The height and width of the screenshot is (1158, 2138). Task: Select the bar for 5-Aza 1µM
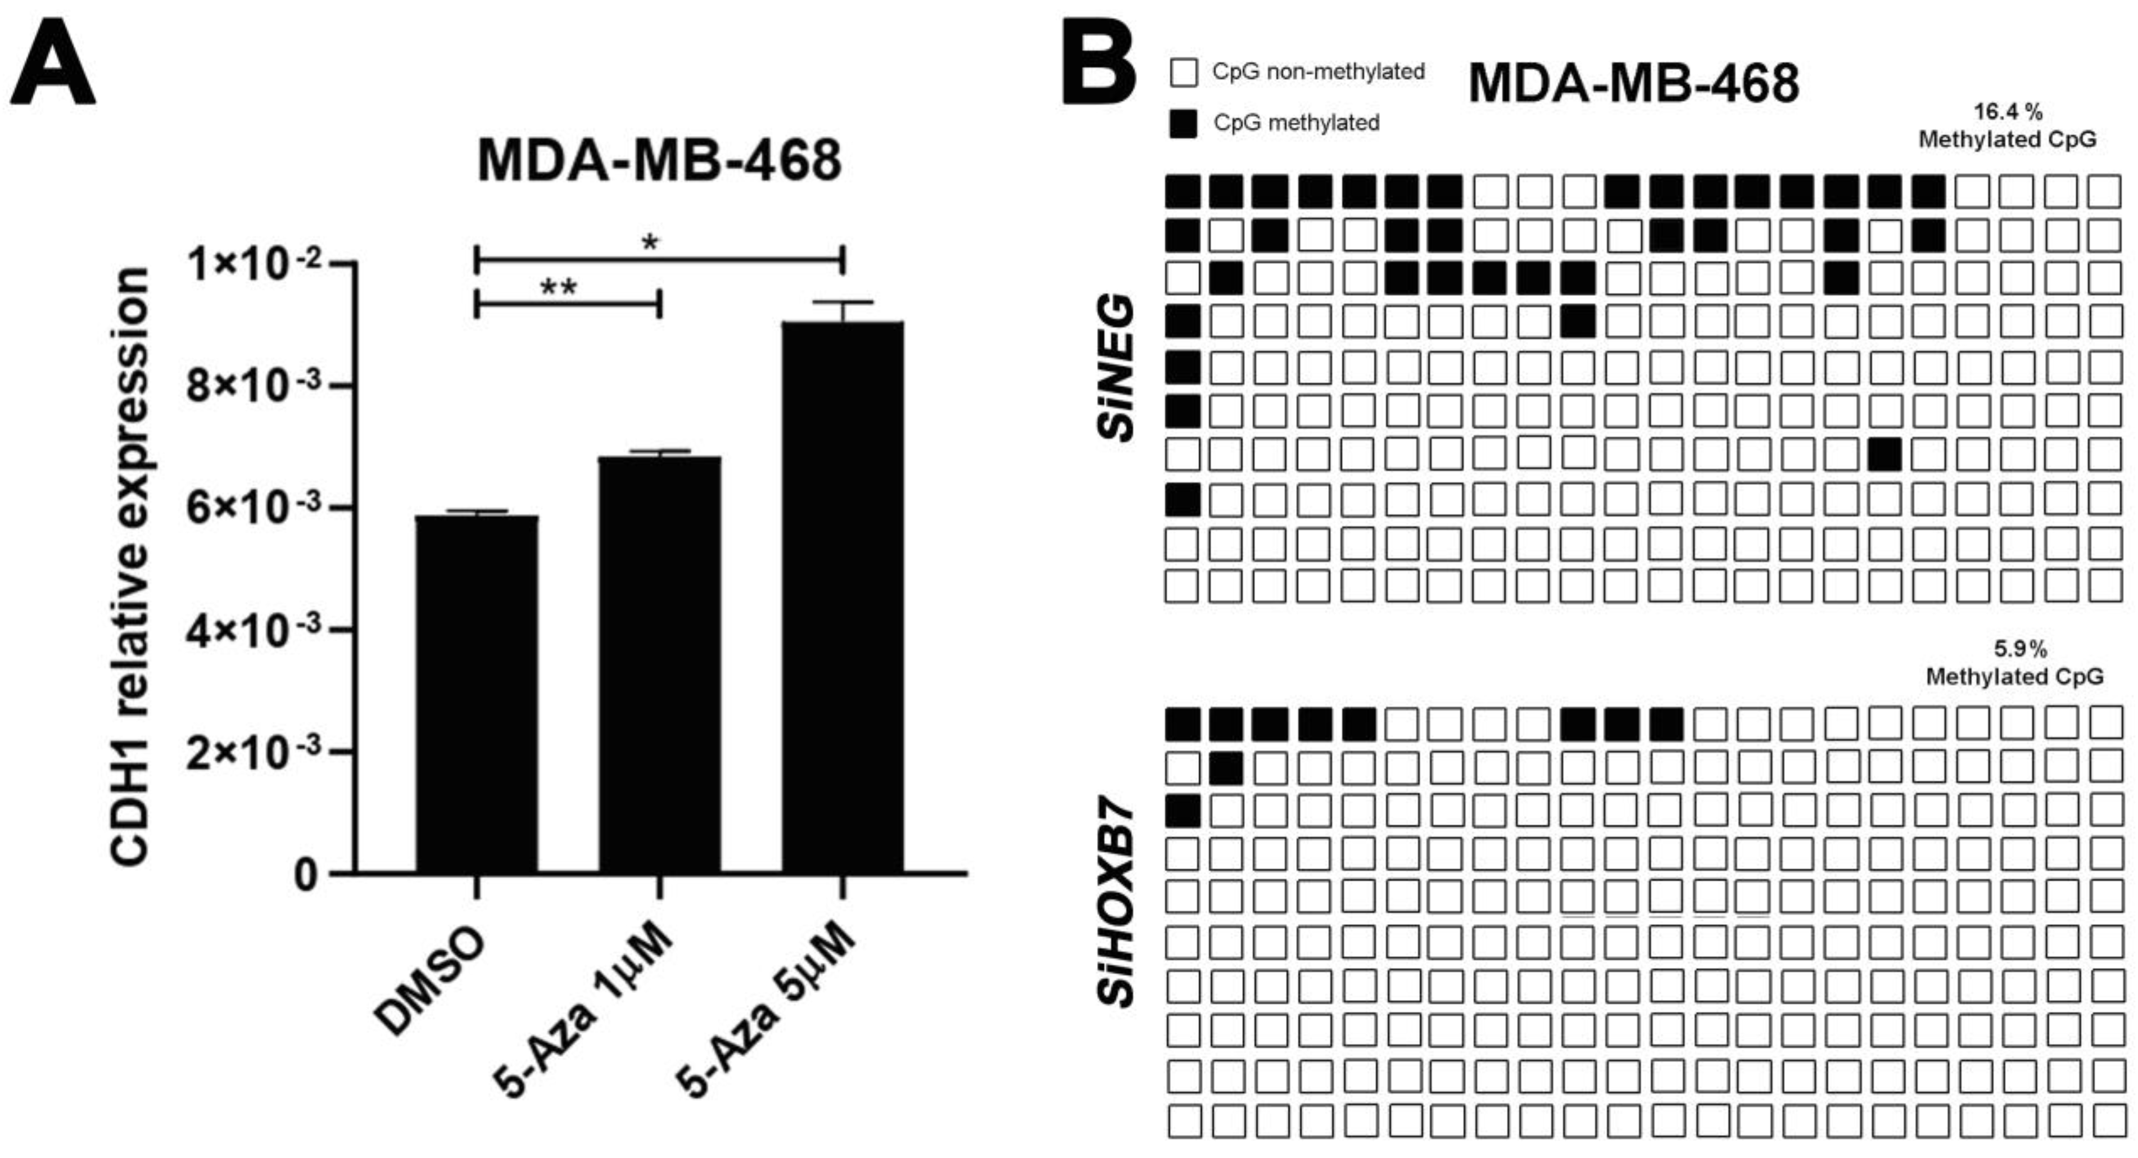(660, 664)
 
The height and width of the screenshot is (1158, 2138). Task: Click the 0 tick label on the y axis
(306, 875)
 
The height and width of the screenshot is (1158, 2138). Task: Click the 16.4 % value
(2007, 111)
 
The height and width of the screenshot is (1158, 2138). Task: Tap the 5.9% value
(2020, 648)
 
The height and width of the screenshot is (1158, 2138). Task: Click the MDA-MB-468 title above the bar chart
(659, 160)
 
